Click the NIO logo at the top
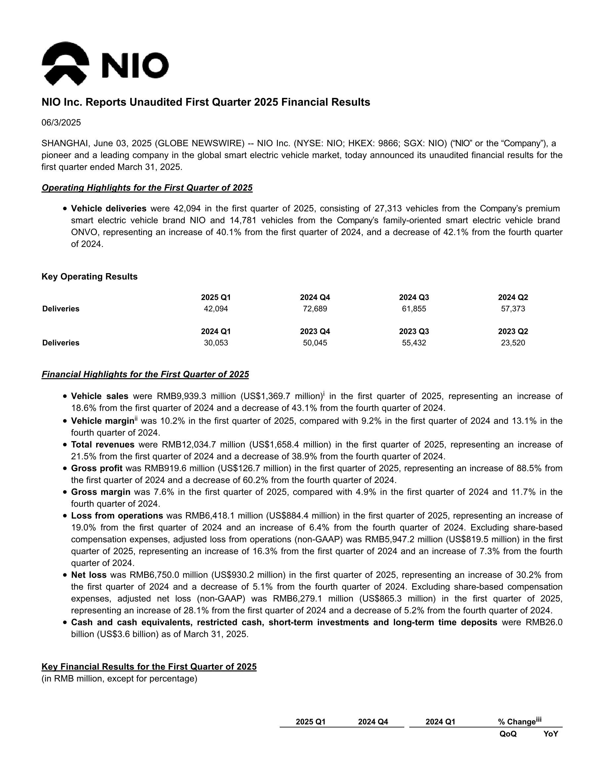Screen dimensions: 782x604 pyautogui.click(x=105, y=64)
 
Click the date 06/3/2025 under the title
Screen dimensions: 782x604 pyautogui.click(x=61, y=123)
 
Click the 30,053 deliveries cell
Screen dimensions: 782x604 pyautogui.click(x=216, y=343)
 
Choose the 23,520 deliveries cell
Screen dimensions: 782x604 pyautogui.click(x=513, y=343)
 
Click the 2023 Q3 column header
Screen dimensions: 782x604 pyautogui.click(x=414, y=332)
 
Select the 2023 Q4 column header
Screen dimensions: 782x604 pyautogui.click(x=315, y=332)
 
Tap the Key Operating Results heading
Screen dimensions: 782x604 pyautogui.click(x=90, y=277)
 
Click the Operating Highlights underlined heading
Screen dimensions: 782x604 pyautogui.click(x=147, y=188)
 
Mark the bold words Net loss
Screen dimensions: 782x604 pyautogui.click(x=89, y=575)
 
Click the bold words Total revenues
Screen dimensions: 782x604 pyautogui.click(x=103, y=445)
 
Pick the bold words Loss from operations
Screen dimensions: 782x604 pyautogui.click(x=117, y=516)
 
